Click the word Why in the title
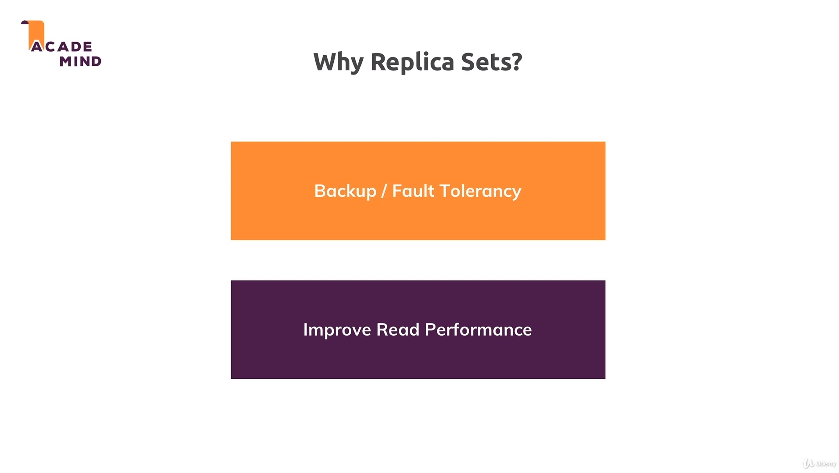(338, 62)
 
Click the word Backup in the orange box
(345, 191)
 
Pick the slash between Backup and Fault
(384, 191)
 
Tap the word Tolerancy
(480, 191)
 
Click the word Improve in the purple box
(337, 330)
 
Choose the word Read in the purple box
(397, 330)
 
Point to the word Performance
(478, 330)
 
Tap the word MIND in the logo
(80, 61)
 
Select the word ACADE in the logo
(62, 46)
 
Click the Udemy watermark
(819, 463)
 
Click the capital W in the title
(325, 62)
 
